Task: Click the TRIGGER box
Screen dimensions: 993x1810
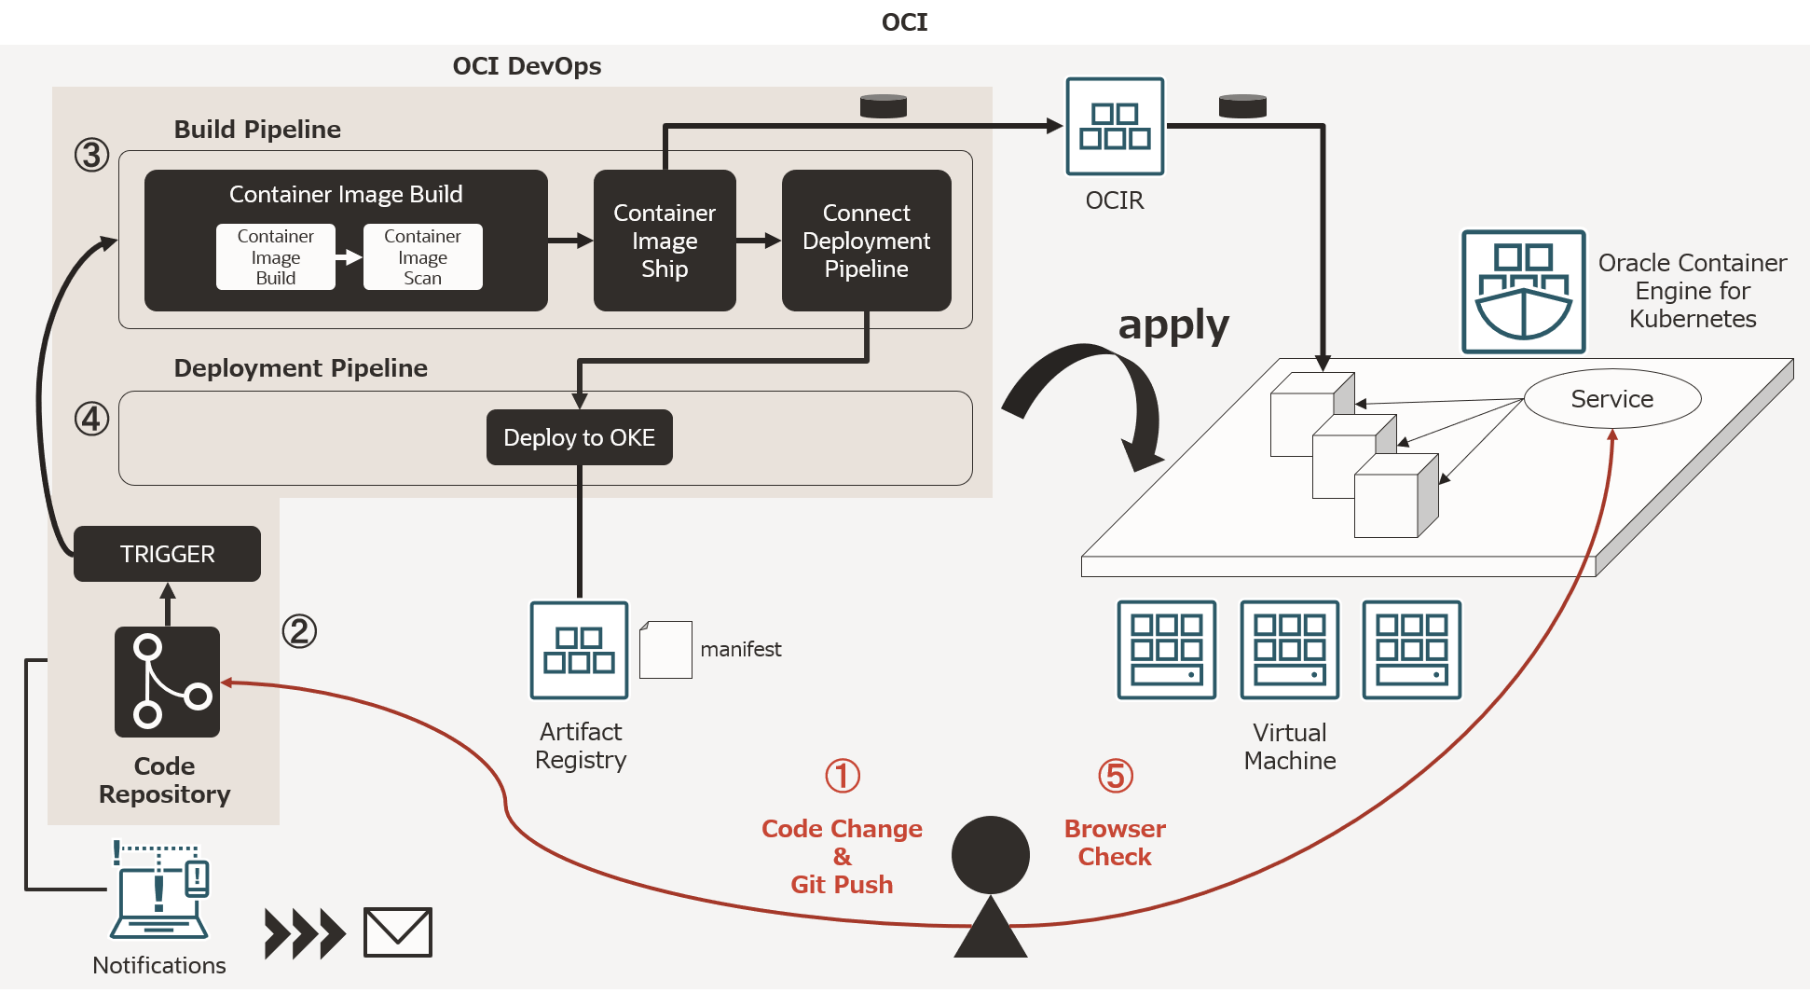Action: (x=167, y=554)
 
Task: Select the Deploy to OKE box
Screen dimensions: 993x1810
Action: (x=579, y=437)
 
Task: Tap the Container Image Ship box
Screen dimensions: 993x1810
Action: (x=665, y=241)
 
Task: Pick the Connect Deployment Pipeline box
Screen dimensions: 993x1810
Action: (x=866, y=241)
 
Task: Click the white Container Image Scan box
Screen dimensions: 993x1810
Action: (x=422, y=256)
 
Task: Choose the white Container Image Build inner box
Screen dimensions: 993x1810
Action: (x=275, y=256)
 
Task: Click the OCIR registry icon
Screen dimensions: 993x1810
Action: (x=1115, y=126)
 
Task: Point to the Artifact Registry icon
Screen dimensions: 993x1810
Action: (x=579, y=650)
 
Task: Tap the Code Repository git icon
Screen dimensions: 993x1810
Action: (x=167, y=682)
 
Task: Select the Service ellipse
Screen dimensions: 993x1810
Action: (x=1612, y=399)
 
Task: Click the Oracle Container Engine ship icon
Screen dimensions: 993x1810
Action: (x=1523, y=292)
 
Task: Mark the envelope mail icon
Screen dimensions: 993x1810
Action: (x=397, y=931)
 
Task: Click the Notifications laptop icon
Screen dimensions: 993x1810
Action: (x=160, y=891)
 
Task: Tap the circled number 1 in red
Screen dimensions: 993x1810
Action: (x=843, y=776)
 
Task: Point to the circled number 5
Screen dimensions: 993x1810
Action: (x=1115, y=776)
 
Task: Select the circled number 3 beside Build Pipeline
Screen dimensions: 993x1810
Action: (x=91, y=155)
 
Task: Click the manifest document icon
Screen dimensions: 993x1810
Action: (x=665, y=650)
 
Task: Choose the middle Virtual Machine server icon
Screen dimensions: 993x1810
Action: (x=1289, y=650)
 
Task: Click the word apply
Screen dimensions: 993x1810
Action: (x=1173, y=325)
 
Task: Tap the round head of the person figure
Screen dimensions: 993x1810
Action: (x=990, y=855)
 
